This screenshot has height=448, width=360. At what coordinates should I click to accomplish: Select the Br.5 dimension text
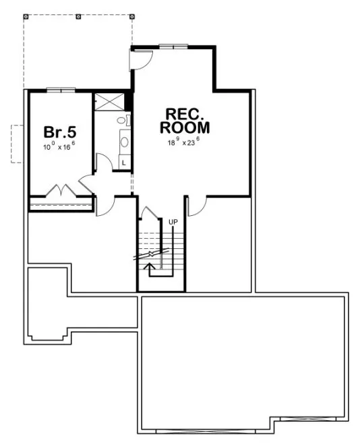coord(59,146)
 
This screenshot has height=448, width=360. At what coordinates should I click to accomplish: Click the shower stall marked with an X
coord(109,101)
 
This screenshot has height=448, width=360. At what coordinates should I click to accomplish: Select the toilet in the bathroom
coord(122,120)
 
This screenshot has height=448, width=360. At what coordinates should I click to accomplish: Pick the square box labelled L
coord(124,163)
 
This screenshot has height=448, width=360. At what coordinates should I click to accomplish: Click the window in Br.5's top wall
coord(60,89)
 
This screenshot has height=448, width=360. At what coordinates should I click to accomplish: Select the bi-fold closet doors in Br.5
coord(61,191)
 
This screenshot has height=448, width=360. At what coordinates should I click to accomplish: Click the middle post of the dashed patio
coord(79,16)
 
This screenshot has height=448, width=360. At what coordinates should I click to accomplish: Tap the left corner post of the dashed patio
coord(25,16)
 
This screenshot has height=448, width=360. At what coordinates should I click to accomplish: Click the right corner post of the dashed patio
coord(131,16)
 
